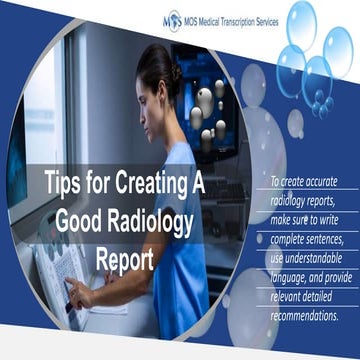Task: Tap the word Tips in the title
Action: (65, 184)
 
